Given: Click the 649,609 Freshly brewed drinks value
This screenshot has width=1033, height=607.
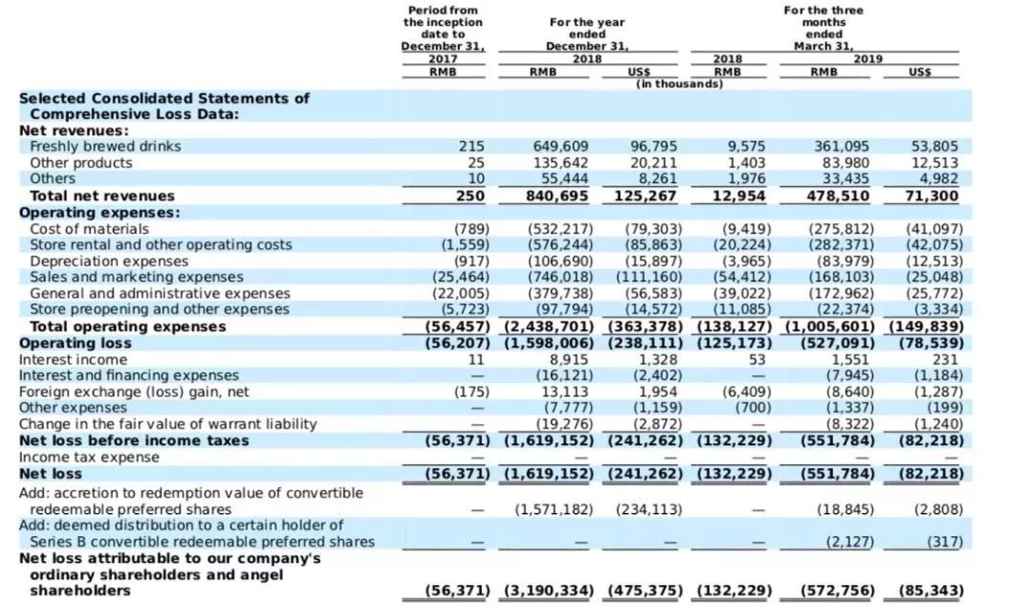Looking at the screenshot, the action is point(560,146).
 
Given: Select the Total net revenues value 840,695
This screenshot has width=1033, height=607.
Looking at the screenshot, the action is point(558,196).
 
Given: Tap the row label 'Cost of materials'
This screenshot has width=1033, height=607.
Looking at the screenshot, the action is point(90,229).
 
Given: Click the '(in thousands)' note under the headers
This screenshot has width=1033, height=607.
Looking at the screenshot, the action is point(679,84).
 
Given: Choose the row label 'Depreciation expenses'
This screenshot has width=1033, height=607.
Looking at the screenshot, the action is point(109,261).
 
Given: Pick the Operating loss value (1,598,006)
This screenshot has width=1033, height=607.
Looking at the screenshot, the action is point(549,343).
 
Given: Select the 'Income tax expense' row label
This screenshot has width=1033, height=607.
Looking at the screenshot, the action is point(89,458).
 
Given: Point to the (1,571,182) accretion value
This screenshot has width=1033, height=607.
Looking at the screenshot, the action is point(554,509).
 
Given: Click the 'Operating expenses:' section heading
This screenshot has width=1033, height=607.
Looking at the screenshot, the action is point(99,213).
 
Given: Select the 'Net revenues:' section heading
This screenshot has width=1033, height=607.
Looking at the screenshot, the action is point(74,130).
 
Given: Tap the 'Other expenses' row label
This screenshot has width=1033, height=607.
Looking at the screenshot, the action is point(73,408).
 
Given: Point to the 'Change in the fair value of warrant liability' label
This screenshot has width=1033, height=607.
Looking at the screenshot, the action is point(168,424).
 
